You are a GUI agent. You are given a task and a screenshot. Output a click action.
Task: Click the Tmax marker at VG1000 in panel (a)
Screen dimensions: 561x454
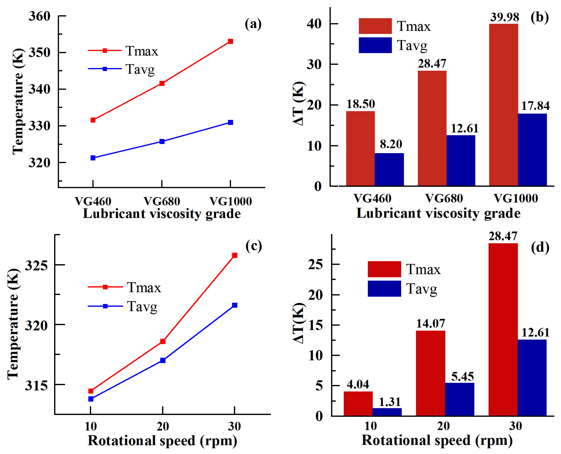pos(231,41)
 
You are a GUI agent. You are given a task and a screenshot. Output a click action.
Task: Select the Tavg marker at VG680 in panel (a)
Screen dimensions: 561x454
pos(162,142)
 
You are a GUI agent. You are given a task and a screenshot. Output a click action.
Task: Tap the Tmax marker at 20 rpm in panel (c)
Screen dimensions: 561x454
pos(163,341)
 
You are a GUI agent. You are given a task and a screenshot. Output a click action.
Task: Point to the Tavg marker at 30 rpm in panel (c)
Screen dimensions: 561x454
pos(235,305)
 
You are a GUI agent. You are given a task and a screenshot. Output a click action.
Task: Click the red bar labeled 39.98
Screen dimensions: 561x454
pos(503,105)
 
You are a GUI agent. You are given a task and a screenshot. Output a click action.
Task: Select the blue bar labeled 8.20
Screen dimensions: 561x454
pos(389,170)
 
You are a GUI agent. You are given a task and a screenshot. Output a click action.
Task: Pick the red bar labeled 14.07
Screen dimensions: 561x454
pos(431,373)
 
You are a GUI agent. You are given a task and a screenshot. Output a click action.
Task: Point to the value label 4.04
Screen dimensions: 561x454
pos(358,384)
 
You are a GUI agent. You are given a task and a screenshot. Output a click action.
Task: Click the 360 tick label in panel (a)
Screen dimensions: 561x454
pos(40,16)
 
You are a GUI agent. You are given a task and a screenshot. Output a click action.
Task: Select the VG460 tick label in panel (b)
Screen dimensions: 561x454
pos(372,198)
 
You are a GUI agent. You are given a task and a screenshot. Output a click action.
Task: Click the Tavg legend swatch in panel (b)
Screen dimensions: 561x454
pos(375,45)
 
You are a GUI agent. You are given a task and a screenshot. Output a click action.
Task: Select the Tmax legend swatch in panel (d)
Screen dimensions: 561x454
pos(384,269)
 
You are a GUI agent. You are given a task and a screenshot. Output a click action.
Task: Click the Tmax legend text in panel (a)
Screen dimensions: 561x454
pos(142,51)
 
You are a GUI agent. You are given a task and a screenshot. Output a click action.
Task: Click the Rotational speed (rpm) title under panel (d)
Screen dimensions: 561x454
pos(437,440)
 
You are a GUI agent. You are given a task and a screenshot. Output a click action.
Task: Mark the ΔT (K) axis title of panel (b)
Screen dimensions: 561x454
pos(299,104)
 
